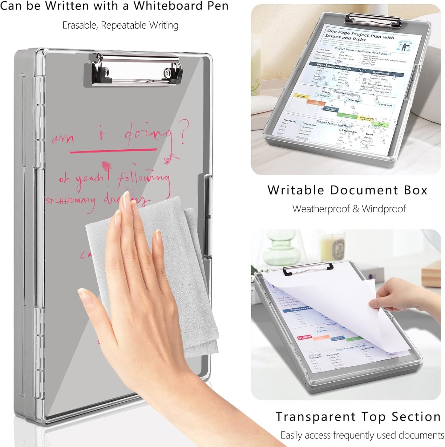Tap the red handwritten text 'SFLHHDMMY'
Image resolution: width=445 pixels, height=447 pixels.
[x=70, y=201]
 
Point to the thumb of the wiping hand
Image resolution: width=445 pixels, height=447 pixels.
[x=92, y=308]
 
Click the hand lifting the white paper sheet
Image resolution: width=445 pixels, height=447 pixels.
[x=400, y=296]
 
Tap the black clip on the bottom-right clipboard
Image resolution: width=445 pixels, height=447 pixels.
[x=308, y=269]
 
